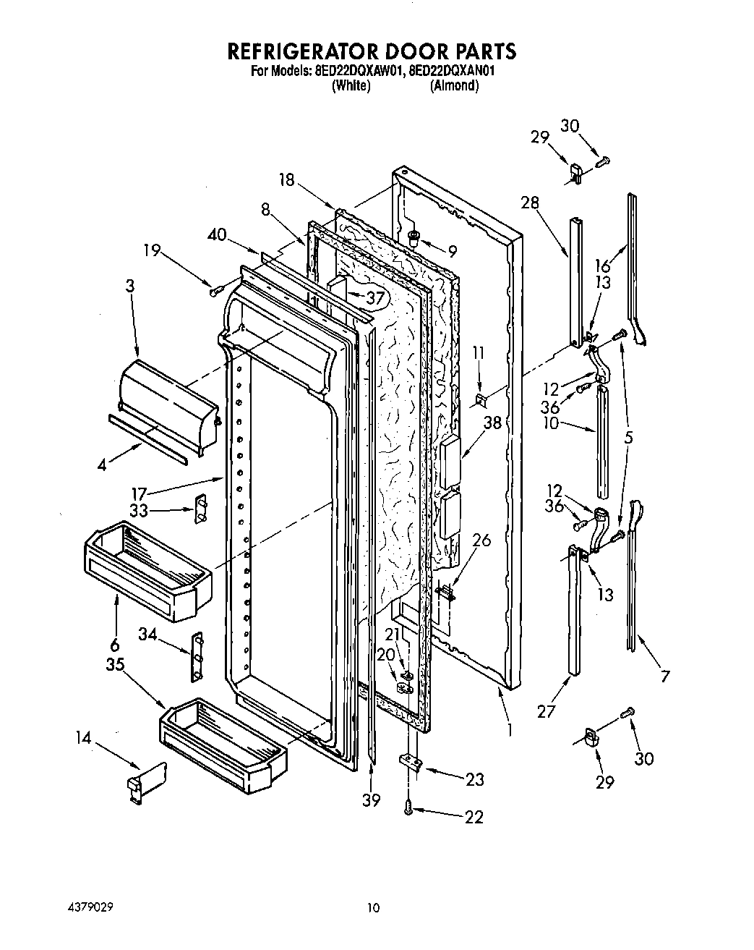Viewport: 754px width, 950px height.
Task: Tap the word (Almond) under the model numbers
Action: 454,85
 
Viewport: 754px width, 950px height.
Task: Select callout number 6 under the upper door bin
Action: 115,645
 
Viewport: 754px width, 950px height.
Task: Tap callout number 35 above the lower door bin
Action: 116,666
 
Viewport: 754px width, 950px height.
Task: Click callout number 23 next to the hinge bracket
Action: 475,779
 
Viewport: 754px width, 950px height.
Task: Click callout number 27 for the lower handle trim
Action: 547,711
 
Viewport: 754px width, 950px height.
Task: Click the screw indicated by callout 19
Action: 214,291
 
